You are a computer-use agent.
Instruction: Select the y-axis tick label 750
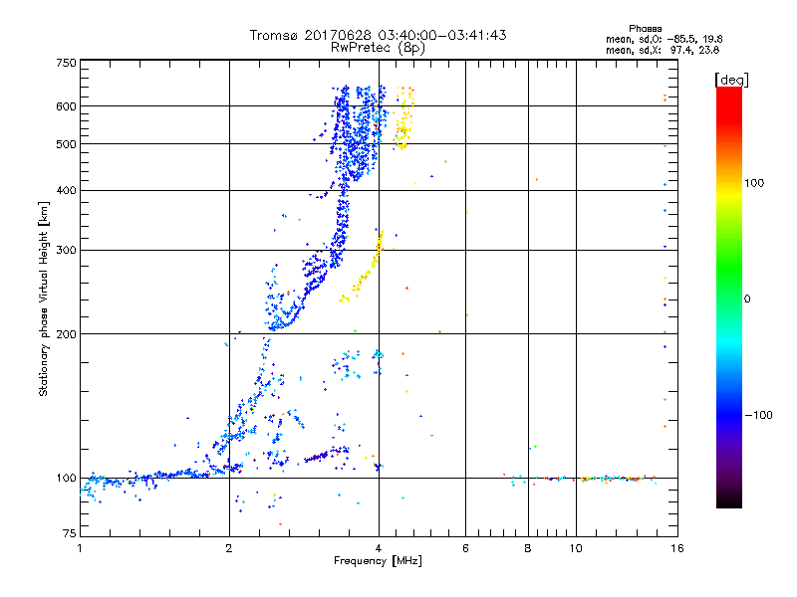click(x=66, y=62)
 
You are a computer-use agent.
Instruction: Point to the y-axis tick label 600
click(x=66, y=105)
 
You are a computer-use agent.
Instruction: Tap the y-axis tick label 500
click(x=66, y=143)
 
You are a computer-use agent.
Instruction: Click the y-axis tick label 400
click(x=66, y=190)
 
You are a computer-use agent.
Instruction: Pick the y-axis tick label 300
click(x=66, y=250)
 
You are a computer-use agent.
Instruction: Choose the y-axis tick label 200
click(x=66, y=333)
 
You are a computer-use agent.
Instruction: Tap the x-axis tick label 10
click(x=576, y=548)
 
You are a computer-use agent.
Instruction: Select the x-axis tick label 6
click(x=465, y=548)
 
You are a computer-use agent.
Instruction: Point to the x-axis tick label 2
click(x=229, y=548)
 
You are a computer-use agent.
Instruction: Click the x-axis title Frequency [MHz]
click(x=378, y=561)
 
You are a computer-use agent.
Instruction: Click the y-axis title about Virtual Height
click(x=44, y=299)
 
